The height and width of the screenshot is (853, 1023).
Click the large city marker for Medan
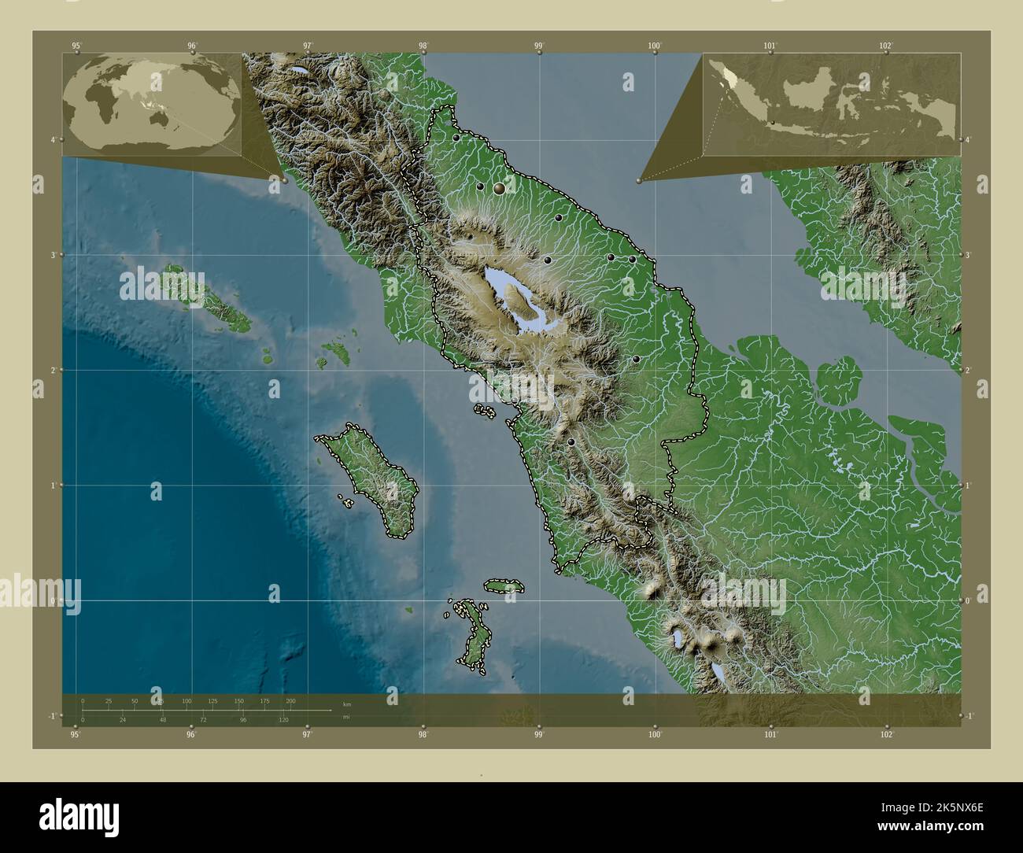[499, 189]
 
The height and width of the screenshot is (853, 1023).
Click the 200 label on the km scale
[290, 700]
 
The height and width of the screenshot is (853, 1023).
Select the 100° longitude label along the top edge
[654, 46]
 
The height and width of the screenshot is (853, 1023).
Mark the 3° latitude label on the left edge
[53, 255]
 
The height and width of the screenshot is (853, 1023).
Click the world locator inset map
[151, 104]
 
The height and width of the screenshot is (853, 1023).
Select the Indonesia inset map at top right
[832, 104]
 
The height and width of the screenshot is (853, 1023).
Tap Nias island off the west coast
[370, 480]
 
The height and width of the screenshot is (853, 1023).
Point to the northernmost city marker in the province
[456, 138]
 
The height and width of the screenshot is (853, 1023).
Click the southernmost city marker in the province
[571, 442]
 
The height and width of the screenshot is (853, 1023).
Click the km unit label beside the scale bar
[346, 702]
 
